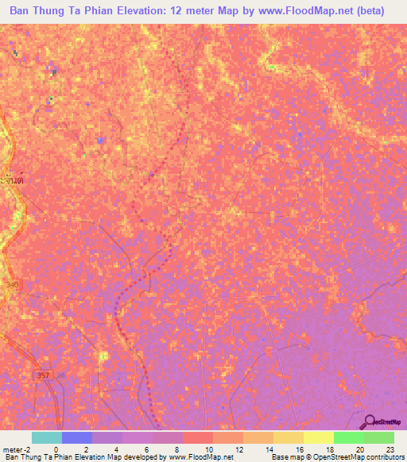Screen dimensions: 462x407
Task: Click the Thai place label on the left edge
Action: (12, 181)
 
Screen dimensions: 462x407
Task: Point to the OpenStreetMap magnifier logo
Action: (370, 422)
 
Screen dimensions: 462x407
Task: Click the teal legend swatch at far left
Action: (46, 437)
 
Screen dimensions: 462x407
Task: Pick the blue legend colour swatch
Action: (76, 437)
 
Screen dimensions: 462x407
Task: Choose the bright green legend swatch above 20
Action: (348, 437)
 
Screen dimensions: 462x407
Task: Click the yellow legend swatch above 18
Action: (318, 437)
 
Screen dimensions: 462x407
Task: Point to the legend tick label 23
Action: (390, 449)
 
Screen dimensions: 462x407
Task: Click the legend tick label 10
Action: (208, 449)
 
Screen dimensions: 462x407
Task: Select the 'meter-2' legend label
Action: (17, 449)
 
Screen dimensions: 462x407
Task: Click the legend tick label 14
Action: (269, 449)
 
